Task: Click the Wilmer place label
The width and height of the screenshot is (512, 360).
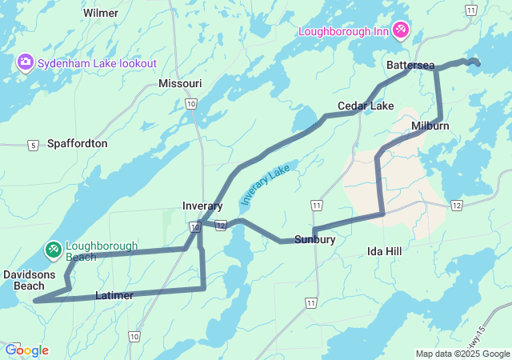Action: pyautogui.click(x=101, y=13)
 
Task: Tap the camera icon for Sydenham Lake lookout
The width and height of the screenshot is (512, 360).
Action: pyautogui.click(x=25, y=62)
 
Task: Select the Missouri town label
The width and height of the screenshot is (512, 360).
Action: pyautogui.click(x=180, y=83)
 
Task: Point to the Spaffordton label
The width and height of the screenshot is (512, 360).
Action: pyautogui.click(x=77, y=143)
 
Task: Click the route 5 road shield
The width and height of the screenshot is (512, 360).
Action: pyautogui.click(x=32, y=145)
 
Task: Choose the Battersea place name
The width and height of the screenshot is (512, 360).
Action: pyautogui.click(x=410, y=64)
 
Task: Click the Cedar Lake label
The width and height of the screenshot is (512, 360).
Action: pyautogui.click(x=366, y=106)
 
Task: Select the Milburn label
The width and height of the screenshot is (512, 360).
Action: pyautogui.click(x=430, y=126)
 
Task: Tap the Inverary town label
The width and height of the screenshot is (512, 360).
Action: pyautogui.click(x=202, y=206)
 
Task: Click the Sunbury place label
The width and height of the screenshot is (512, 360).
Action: pyautogui.click(x=314, y=239)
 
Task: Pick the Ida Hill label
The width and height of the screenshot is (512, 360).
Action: pyautogui.click(x=384, y=251)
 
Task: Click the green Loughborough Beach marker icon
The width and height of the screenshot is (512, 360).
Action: pyautogui.click(x=54, y=250)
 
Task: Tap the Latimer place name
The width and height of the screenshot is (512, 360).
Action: pyautogui.click(x=114, y=295)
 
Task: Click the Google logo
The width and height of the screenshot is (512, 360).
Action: pyautogui.click(x=26, y=350)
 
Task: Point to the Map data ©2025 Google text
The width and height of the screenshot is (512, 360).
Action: pyautogui.click(x=462, y=354)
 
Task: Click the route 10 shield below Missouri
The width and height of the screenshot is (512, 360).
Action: pyautogui.click(x=190, y=104)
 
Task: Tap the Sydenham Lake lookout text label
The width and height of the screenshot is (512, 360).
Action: pyautogui.click(x=96, y=62)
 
